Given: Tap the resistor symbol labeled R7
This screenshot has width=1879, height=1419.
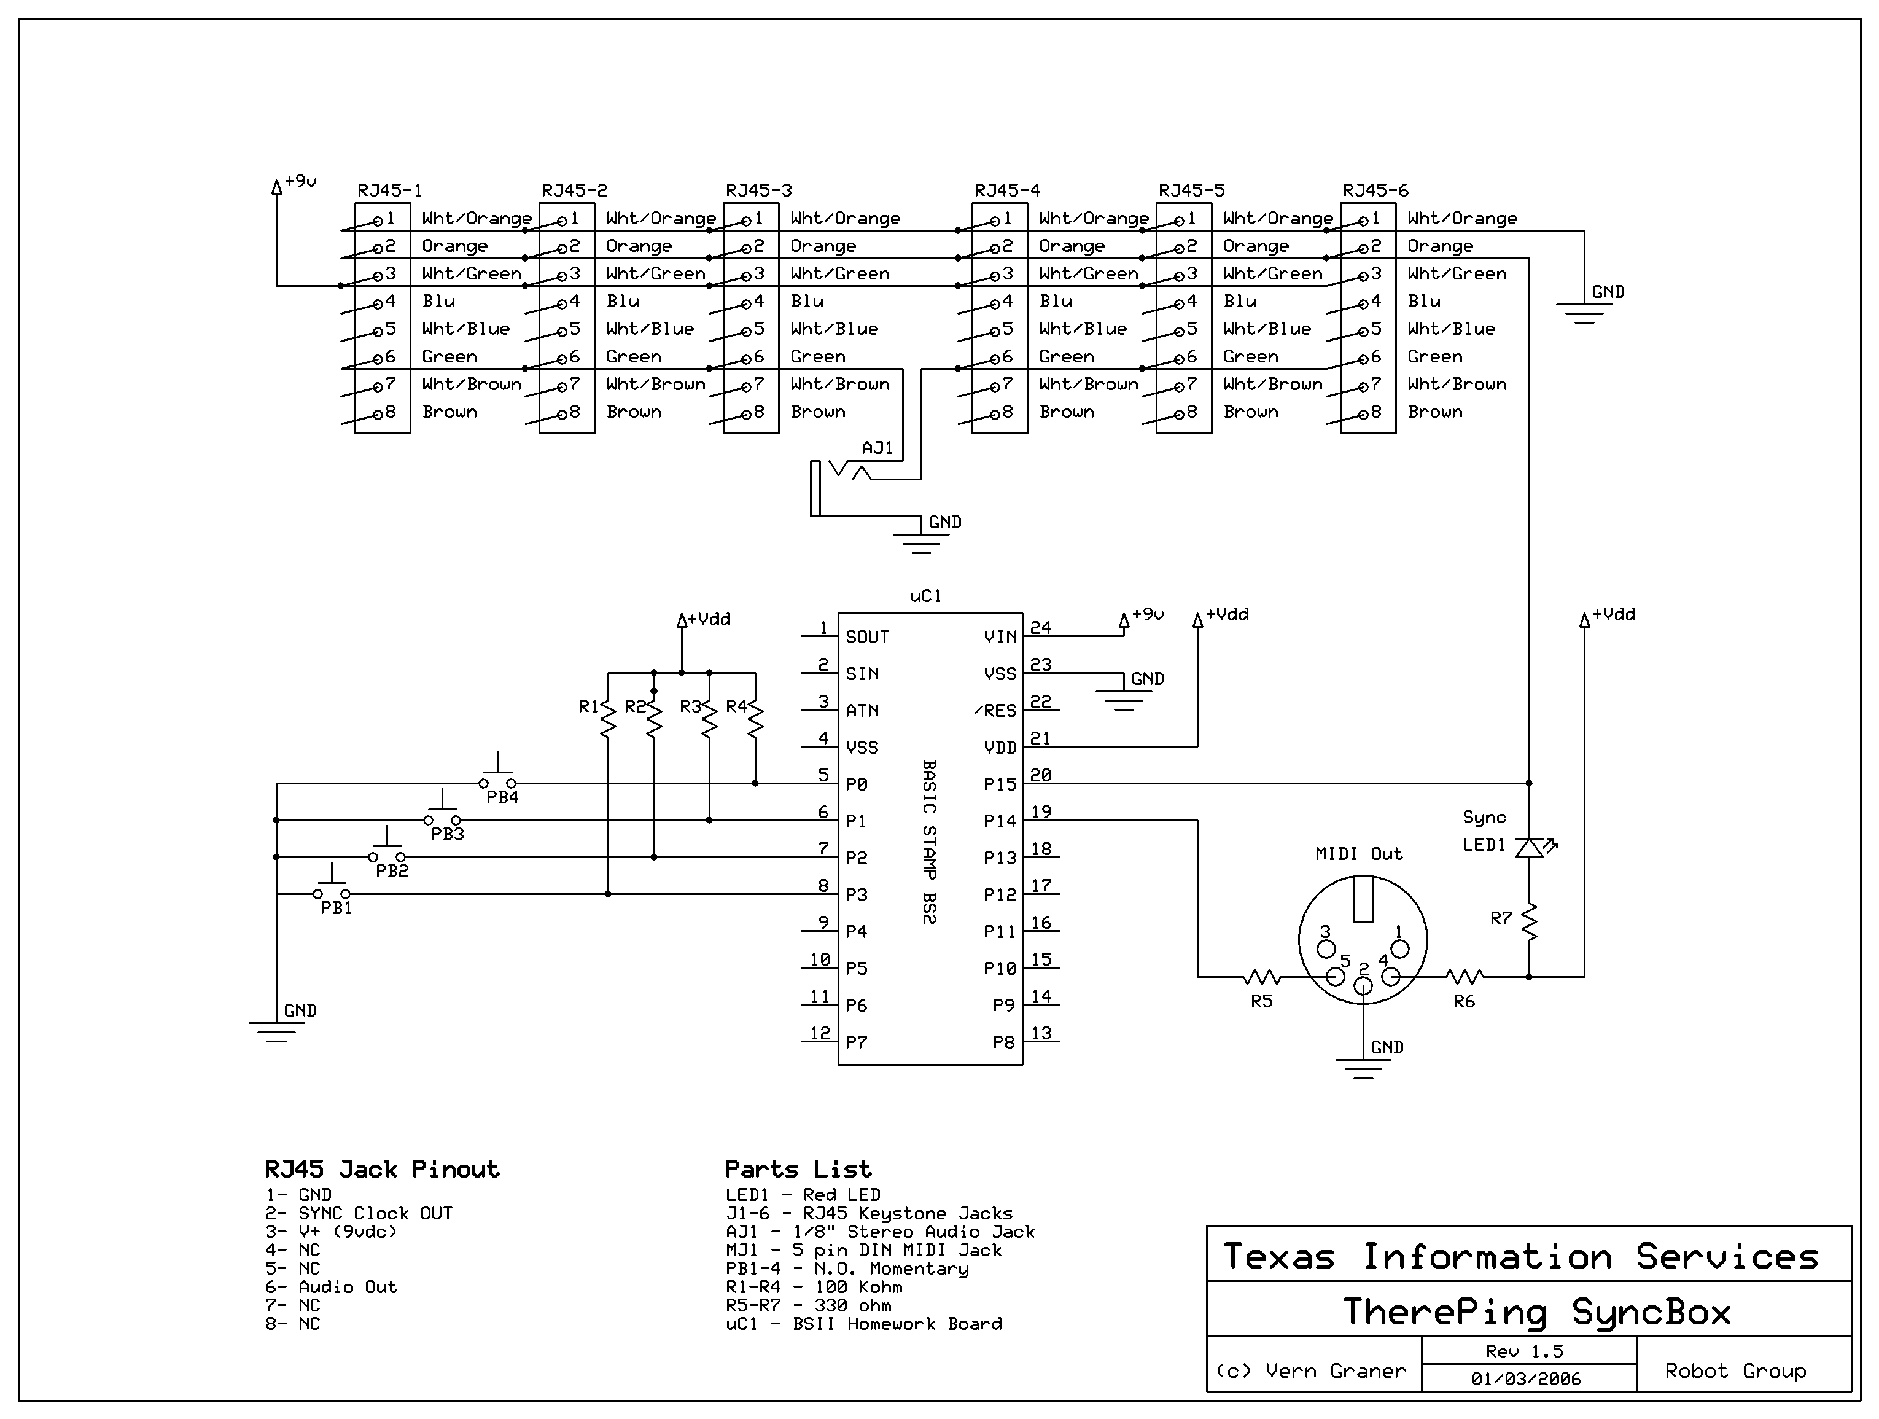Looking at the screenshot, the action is coord(1529,922).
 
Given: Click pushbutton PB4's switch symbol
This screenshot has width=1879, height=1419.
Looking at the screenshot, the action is coord(498,775).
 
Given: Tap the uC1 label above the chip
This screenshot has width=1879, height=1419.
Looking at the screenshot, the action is coord(926,596).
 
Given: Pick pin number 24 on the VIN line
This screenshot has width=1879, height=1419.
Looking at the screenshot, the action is coord(1041,627).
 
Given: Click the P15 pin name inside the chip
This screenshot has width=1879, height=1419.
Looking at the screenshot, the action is coord(1000,784).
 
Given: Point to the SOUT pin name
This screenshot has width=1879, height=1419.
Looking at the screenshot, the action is coord(867,636).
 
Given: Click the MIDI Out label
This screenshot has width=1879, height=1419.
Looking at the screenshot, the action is coord(1358,854).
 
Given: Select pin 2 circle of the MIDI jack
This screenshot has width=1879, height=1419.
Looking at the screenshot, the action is coord(1363,986).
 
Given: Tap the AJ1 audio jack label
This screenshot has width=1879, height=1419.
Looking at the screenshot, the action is coord(877,448).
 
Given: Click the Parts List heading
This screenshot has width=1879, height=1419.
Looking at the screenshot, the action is coord(798,1169).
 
